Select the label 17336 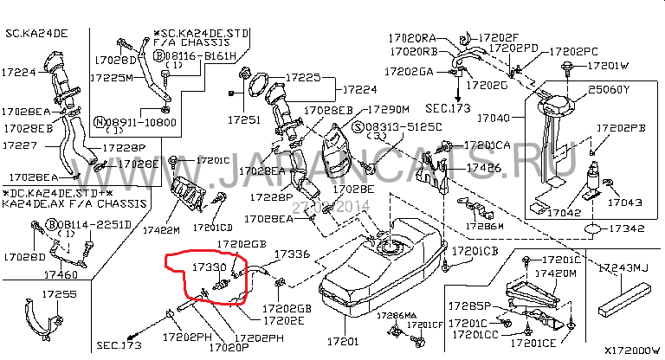click(x=292, y=254)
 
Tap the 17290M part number click(x=388, y=110)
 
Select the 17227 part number click(x=19, y=145)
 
